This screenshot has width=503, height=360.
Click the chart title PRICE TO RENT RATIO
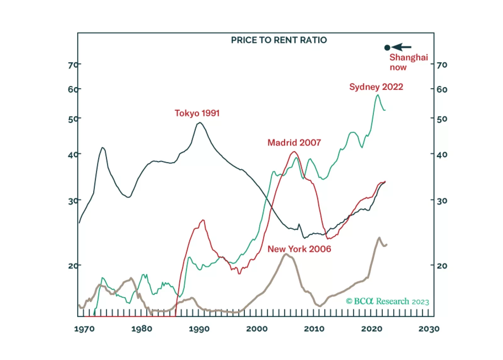coord(279,40)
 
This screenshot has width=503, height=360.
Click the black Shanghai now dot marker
coord(387,48)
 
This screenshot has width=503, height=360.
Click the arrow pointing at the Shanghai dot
coord(402,47)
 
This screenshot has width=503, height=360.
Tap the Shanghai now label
coord(408,62)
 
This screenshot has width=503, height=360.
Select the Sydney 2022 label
coord(376,87)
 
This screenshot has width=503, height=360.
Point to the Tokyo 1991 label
coord(197,113)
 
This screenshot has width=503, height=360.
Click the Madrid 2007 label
coord(294,143)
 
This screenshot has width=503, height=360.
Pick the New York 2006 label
coord(299,249)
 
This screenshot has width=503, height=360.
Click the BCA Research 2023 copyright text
coord(387,301)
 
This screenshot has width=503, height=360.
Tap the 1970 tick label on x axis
coord(84,329)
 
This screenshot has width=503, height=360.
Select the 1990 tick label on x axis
coord(199,329)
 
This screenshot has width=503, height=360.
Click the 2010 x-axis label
coord(314,329)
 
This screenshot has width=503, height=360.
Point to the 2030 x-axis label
coord(429,329)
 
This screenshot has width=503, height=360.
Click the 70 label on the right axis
coord(442,65)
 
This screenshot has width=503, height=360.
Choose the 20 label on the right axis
coord(442,266)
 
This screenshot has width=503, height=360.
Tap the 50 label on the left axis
coord(72,119)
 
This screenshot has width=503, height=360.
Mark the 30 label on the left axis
coord(72,201)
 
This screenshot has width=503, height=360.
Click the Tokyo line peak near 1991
coord(199,122)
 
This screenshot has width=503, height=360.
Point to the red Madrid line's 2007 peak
coord(294,152)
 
